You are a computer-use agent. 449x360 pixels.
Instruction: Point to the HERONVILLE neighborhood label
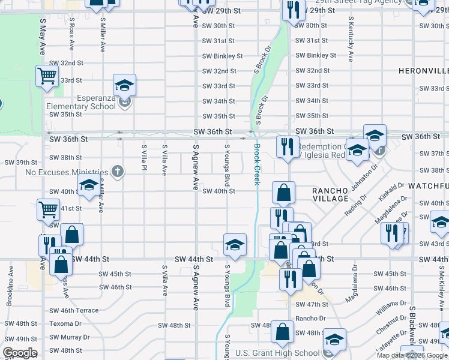tap(423, 71)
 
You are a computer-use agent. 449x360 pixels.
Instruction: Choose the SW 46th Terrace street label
tap(73, 310)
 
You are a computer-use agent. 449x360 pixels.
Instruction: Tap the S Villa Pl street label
tap(144, 160)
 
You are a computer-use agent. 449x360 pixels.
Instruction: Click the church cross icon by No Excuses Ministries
tap(118, 172)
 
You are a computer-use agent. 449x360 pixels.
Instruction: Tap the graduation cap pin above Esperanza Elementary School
tap(124, 85)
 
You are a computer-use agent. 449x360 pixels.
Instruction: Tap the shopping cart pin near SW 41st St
tap(48, 211)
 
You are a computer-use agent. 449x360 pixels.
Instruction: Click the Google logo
tap(20, 353)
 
